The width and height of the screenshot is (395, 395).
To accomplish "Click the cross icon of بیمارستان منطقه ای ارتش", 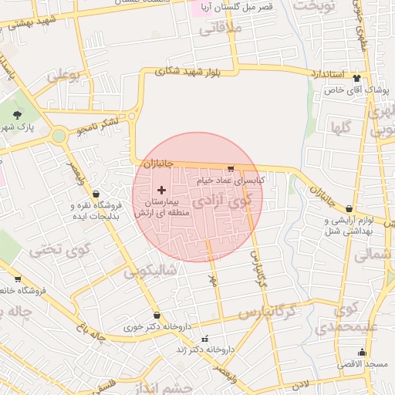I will [161, 190].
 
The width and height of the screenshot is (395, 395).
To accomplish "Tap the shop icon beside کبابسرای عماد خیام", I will [231, 168].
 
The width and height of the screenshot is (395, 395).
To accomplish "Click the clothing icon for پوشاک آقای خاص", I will [356, 78].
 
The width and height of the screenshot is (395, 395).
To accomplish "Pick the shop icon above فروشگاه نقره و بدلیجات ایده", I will [96, 194].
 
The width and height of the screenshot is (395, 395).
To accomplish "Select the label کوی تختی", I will [60, 251].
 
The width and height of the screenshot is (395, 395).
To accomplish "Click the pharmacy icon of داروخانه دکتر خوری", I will [157, 316].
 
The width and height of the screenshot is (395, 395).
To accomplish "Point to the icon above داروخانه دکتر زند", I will [204, 339].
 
